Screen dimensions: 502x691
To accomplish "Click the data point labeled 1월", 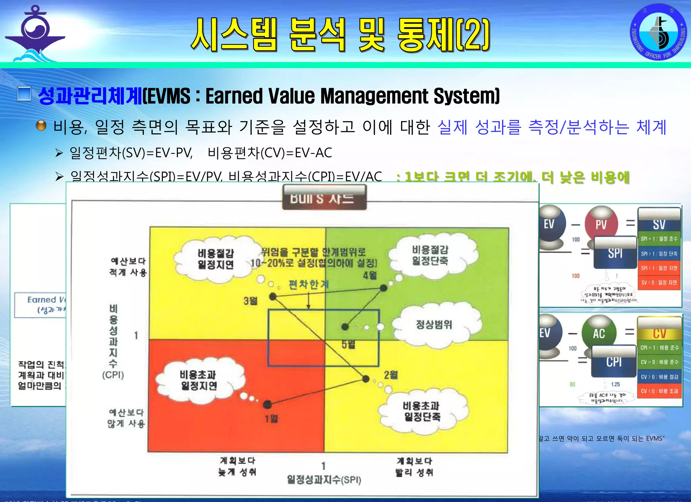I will pos(267,404).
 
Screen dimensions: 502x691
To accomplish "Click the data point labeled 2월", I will pos(366,379).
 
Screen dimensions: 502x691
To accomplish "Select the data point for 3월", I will pos(273,297).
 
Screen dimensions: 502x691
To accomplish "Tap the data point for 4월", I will pos(384,288).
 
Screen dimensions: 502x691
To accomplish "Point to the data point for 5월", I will pos(345,326).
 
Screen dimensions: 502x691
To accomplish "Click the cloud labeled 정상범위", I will pos(434,324).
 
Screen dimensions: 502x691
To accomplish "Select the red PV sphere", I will pos(601,224).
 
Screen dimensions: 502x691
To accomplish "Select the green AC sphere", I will pos(599,333).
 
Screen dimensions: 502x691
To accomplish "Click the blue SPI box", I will pos(615,253).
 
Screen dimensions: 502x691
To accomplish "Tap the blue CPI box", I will pos(613,362).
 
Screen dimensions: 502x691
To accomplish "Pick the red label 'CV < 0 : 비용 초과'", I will pos(659,391).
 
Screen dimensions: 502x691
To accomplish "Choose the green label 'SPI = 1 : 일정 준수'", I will pos(659,239).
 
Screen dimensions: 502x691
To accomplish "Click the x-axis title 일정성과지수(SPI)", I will pos(324,479).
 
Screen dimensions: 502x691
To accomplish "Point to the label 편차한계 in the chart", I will pos(308,285).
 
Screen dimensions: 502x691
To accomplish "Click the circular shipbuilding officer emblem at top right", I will pos(658,32).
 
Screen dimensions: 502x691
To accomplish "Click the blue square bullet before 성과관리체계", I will pos(24,94).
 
